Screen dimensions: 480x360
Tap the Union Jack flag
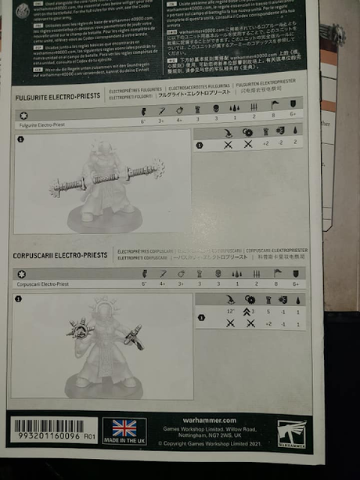pos(124,428)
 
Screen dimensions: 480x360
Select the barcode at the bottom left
pos(46,426)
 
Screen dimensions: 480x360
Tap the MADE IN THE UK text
pos(124,442)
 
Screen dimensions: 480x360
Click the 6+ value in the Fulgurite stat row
pos(293,121)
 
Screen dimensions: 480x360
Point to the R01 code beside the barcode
pos(89,438)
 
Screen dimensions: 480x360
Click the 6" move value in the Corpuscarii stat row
pos(144,283)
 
